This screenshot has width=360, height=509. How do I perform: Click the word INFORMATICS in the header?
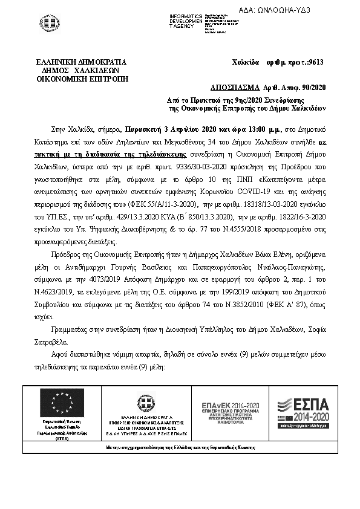186,15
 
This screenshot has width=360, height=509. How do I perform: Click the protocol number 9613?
315,62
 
